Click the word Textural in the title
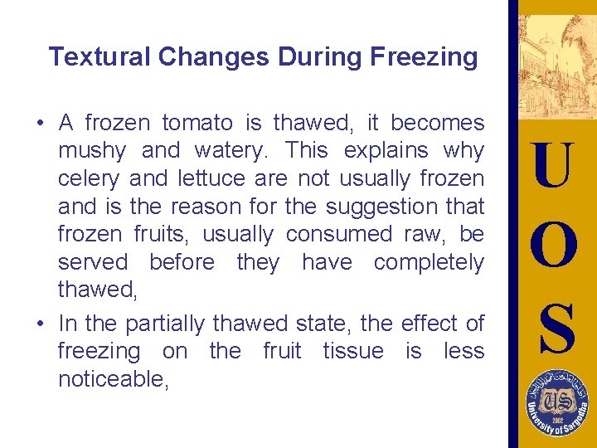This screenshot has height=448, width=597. pyautogui.click(x=99, y=57)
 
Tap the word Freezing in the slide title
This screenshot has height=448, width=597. pyautogui.click(x=423, y=57)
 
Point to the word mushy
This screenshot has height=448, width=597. pyautogui.click(x=92, y=151)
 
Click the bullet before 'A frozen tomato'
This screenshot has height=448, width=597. pyautogui.click(x=40, y=124)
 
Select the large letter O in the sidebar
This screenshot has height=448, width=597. pyautogui.click(x=552, y=246)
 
